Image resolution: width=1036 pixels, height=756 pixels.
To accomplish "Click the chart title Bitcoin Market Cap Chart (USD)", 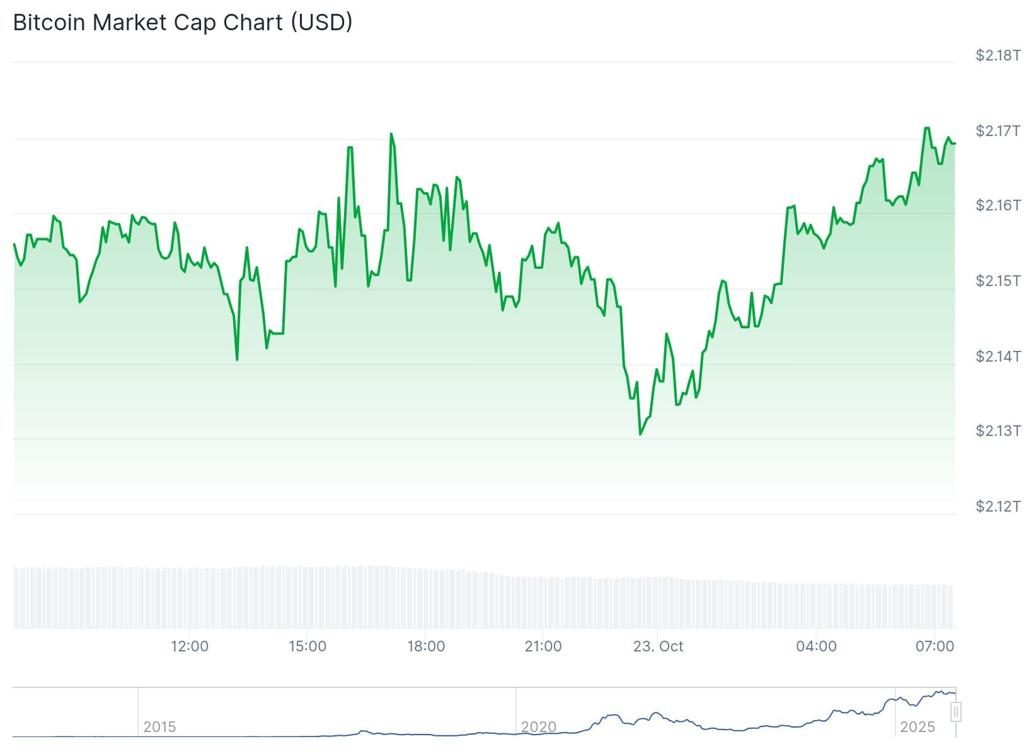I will [183, 23].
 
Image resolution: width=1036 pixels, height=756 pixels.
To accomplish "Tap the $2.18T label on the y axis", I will [998, 55].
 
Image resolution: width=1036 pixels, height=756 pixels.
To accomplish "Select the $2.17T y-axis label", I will [998, 131].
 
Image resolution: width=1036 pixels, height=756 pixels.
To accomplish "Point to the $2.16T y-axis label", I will [998, 205].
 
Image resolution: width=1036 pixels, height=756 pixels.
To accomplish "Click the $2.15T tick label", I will [998, 281].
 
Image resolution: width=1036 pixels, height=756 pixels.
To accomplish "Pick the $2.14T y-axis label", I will [998, 357].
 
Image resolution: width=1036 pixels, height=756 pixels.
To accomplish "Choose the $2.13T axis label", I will [998, 431].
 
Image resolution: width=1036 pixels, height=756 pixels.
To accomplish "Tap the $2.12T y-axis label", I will [998, 507].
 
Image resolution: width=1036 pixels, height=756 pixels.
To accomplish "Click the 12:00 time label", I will [190, 646].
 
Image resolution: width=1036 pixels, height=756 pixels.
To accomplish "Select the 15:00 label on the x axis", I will [308, 646].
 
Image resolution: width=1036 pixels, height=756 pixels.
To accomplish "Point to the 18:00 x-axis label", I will [426, 646].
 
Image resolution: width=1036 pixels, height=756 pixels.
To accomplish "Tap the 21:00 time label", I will [543, 646].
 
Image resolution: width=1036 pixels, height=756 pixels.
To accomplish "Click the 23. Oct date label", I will [658, 646].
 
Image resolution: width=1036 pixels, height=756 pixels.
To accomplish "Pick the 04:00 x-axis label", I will [816, 646].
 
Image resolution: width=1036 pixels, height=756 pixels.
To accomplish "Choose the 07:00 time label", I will [935, 646].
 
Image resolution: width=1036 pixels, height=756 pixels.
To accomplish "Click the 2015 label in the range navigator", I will [159, 727].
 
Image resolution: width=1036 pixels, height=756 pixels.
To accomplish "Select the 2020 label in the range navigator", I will [539, 727].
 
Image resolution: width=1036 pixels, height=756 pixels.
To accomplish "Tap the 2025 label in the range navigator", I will [918, 727].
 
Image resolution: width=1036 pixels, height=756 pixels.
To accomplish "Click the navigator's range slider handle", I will [956, 713].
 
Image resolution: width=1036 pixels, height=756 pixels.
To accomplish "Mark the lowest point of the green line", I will [640, 434].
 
